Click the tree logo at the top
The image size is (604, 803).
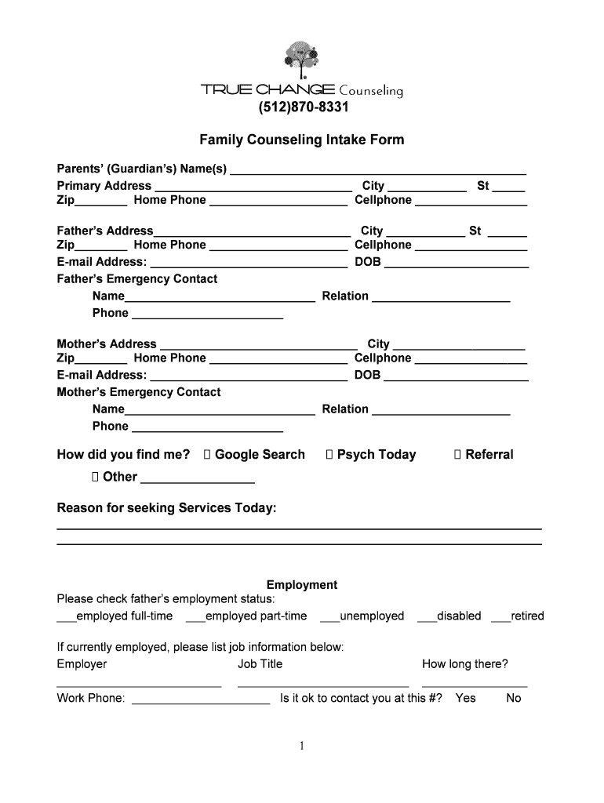[302, 60]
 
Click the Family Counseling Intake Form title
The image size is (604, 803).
[302, 140]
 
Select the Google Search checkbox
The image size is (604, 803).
[207, 455]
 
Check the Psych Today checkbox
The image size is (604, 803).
[329, 455]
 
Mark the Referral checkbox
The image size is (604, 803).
[458, 455]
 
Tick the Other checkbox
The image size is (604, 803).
[95, 477]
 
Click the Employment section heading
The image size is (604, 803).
[302, 585]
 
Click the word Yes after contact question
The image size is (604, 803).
[465, 698]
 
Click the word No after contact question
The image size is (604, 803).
[514, 698]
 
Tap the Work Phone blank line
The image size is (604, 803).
[201, 700]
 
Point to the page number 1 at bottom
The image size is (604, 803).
[302, 746]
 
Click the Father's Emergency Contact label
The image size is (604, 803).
[137, 279]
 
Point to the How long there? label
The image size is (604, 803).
[465, 664]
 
